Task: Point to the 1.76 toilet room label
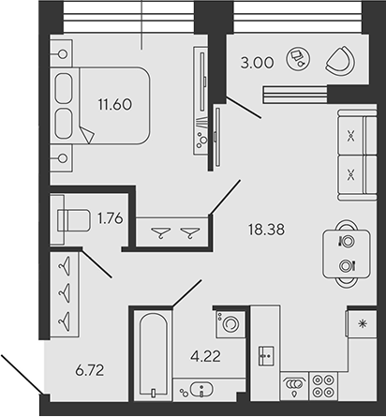tap(111, 222)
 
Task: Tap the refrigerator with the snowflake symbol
tap(362, 323)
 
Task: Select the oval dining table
tap(345, 250)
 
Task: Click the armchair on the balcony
tap(337, 62)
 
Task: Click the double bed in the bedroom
tap(103, 105)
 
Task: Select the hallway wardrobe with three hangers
tap(63, 293)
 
